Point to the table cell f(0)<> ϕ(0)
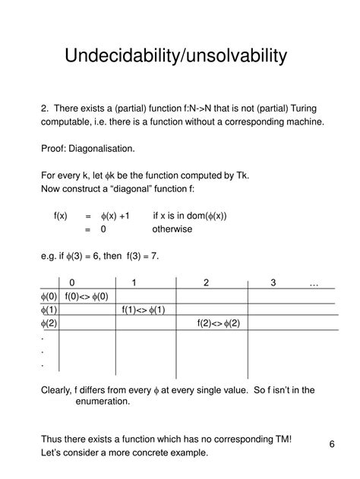(x=87, y=296)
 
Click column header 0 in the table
(x=71, y=283)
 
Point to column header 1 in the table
(x=134, y=283)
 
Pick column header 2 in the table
(x=205, y=283)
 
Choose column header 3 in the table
(x=273, y=283)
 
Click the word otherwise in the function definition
(x=172, y=228)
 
